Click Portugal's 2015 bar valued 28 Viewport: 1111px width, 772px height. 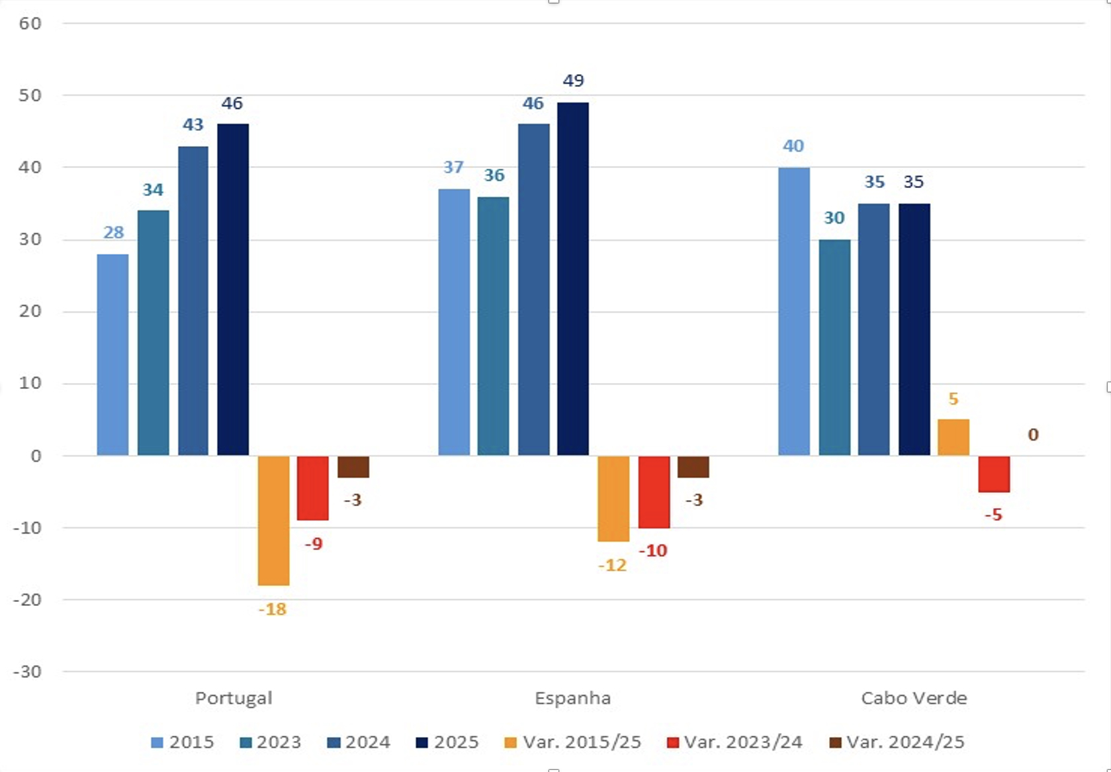pyautogui.click(x=112, y=355)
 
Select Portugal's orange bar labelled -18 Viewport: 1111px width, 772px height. pyautogui.click(x=273, y=521)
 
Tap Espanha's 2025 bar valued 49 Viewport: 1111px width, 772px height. pyautogui.click(x=573, y=279)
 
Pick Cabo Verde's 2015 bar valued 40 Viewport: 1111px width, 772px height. pyautogui.click(x=793, y=311)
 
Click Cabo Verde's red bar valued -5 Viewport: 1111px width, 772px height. pyautogui.click(x=994, y=474)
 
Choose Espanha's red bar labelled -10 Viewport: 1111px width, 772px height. pyautogui.click(x=654, y=492)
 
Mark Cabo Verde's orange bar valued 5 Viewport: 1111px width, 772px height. pyautogui.click(x=953, y=437)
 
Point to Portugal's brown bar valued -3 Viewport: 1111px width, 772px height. pyautogui.click(x=353, y=467)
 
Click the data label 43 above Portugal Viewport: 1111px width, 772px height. pyautogui.click(x=193, y=125)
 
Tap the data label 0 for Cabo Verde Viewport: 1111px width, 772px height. pyautogui.click(x=1033, y=435)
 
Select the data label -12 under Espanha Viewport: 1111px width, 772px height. pyautogui.click(x=612, y=566)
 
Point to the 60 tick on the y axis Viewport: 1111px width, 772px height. pyautogui.click(x=30, y=23)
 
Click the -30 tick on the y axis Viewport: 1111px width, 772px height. pyautogui.click(x=27, y=671)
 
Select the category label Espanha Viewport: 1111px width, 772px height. pyautogui.click(x=572, y=698)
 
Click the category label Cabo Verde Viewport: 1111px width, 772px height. pyautogui.click(x=914, y=698)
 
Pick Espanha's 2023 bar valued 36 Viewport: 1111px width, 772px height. pyautogui.click(x=493, y=325)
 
